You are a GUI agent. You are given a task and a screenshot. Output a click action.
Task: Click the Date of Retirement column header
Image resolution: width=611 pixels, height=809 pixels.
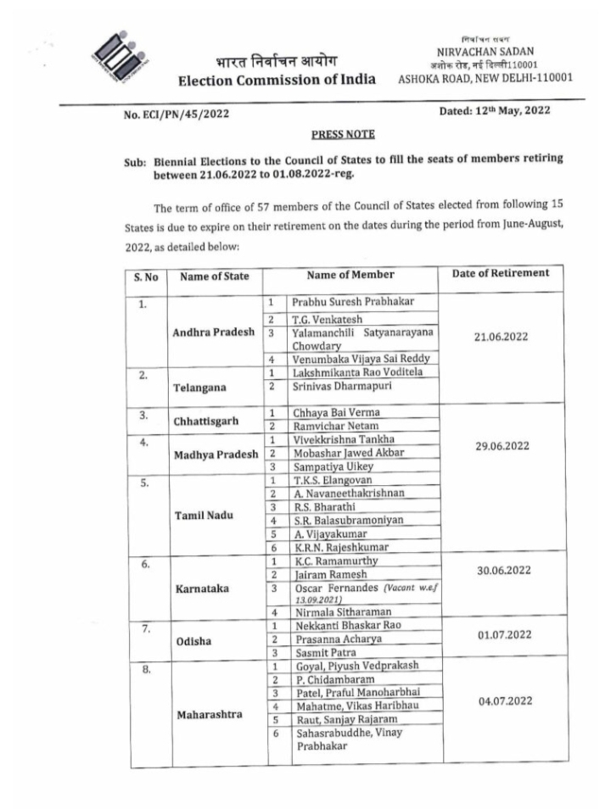pos(501,274)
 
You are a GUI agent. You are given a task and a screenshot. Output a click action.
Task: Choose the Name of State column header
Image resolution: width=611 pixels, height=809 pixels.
pos(216,275)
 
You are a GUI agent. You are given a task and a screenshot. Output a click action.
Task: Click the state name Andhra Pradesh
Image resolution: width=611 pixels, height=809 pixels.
pos(216,332)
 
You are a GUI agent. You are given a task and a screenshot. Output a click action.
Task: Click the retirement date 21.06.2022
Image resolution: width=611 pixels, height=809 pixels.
pos(501,336)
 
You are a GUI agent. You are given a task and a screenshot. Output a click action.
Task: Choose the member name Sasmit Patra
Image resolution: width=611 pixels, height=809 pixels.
pos(326,651)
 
